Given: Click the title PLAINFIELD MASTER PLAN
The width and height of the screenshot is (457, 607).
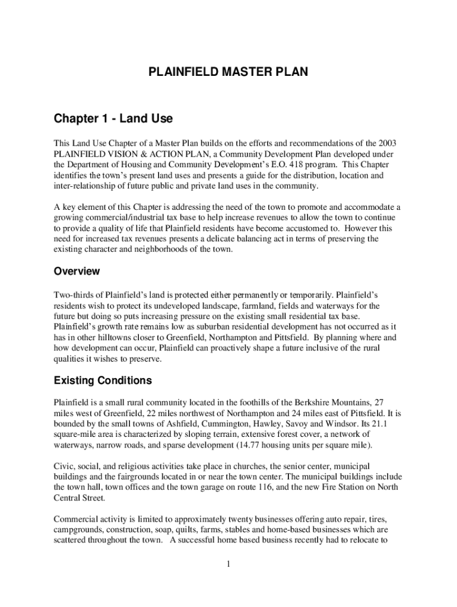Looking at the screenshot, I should (228, 73).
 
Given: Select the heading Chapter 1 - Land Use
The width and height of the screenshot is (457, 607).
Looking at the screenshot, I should (113, 119).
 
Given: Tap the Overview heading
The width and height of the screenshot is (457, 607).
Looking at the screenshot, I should (77, 271).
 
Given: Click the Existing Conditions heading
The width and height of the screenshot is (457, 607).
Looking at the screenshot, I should (103, 381).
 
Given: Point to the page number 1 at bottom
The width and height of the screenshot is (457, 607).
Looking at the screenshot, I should (228, 563).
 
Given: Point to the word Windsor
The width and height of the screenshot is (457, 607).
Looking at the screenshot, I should (350, 424).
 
